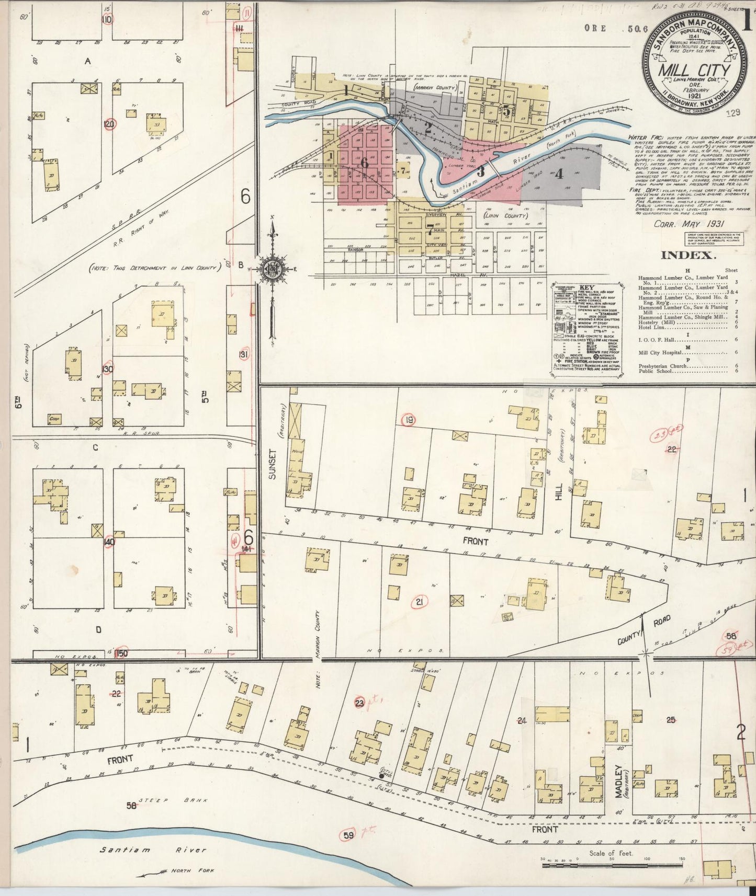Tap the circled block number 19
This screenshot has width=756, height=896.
point(409,420)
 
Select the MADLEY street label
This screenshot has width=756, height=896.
point(618,782)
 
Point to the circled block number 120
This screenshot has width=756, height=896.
point(109,124)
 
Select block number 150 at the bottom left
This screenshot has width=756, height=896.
point(123,653)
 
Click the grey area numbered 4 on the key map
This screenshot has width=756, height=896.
point(559,174)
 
